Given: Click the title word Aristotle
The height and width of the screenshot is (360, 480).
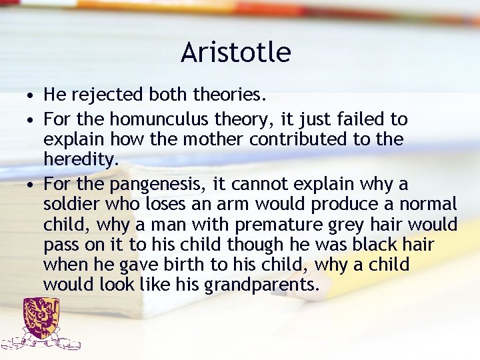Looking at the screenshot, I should [235, 53].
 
